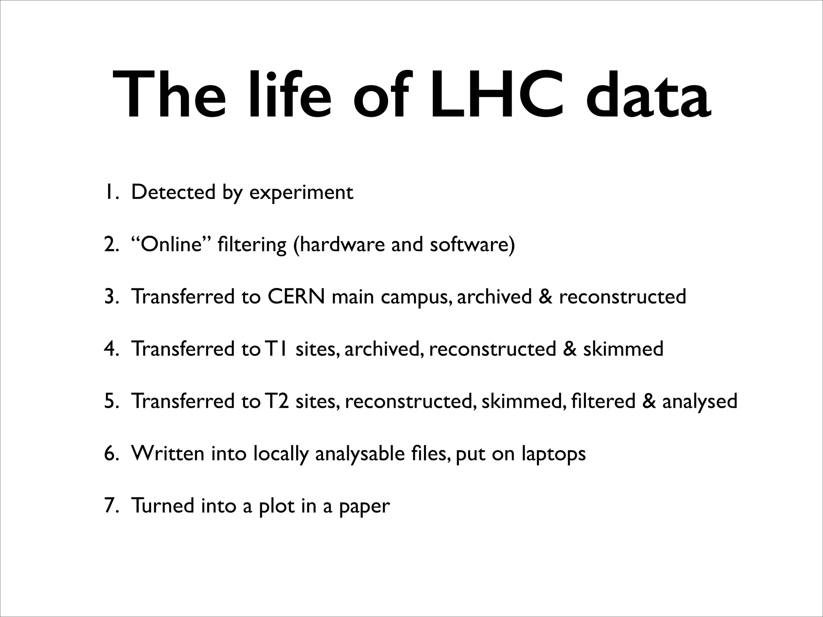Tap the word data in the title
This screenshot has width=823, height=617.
(648, 95)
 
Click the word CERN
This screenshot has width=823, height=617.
(296, 297)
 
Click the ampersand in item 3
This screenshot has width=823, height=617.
(545, 297)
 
